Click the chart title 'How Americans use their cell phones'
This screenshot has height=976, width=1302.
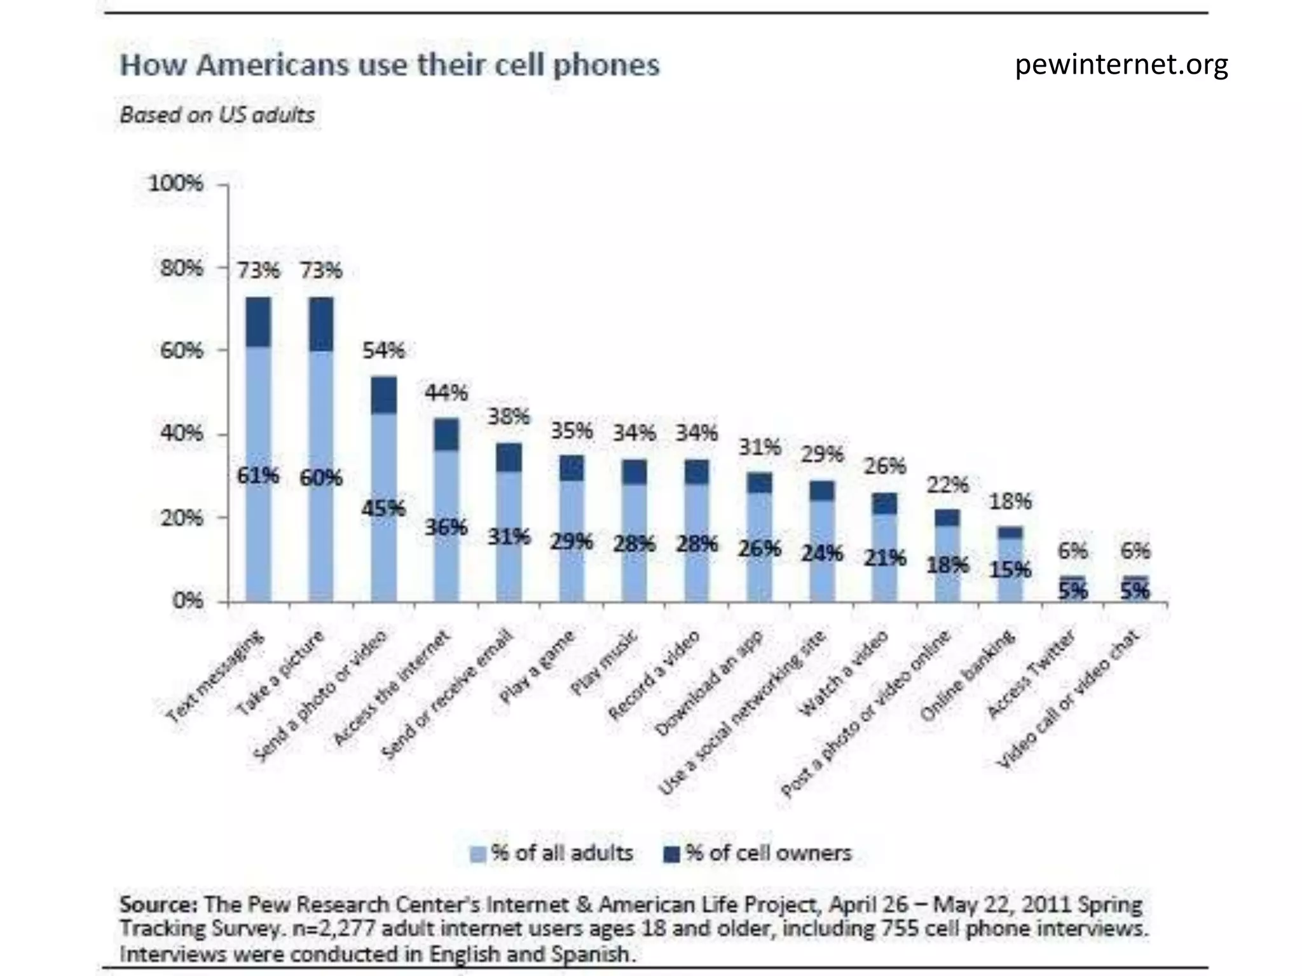pyautogui.click(x=390, y=65)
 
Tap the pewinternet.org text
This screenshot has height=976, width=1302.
pyautogui.click(x=1121, y=65)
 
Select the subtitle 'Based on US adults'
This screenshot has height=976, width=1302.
pyautogui.click(x=217, y=115)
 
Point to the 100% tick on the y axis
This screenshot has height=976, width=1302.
pyautogui.click(x=175, y=184)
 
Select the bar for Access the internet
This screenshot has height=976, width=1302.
pyautogui.click(x=446, y=510)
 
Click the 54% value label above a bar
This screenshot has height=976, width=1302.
pyautogui.click(x=383, y=350)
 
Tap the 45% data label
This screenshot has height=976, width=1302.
pyautogui.click(x=383, y=508)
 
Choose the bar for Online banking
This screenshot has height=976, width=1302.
pyautogui.click(x=1010, y=564)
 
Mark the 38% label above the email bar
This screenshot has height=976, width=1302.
pyautogui.click(x=509, y=417)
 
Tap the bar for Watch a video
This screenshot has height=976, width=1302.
pyautogui.click(x=884, y=547)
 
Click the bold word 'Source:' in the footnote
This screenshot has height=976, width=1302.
pyautogui.click(x=159, y=904)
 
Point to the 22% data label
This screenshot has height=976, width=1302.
pyautogui.click(x=947, y=485)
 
